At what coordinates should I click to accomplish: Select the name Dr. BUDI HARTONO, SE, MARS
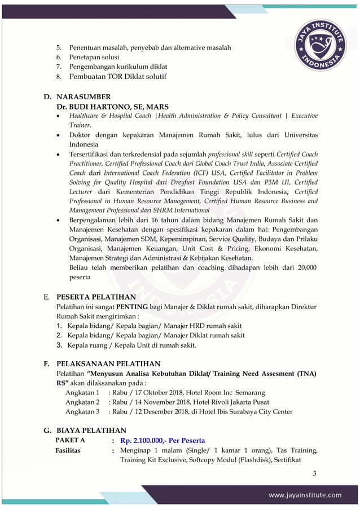click(113, 107)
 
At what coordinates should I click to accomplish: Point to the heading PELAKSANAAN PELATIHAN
click(108, 364)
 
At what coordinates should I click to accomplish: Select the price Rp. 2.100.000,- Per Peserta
click(163, 440)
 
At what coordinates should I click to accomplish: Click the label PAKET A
click(71, 440)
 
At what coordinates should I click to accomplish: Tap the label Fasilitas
click(68, 450)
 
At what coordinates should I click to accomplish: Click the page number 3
click(314, 472)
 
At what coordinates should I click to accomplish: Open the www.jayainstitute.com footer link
click(305, 495)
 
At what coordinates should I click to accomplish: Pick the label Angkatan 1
click(82, 393)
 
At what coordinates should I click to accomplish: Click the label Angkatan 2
click(82, 402)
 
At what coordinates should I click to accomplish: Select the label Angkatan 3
click(82, 411)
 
